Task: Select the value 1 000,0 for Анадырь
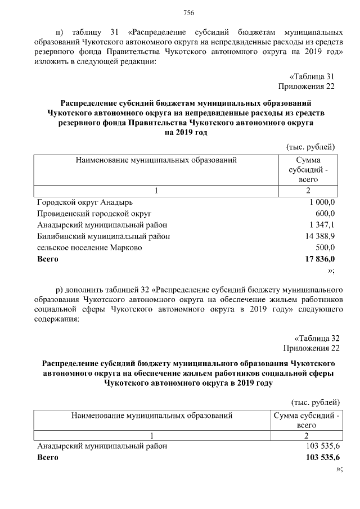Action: click(322, 202)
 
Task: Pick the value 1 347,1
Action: click(322, 225)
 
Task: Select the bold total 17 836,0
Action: click(319, 259)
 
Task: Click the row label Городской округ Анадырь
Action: click(85, 202)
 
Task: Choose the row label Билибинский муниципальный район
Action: click(103, 236)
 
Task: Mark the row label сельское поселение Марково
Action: click(89, 247)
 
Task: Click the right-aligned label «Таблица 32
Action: click(314, 338)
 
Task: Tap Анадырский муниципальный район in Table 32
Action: click(102, 446)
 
